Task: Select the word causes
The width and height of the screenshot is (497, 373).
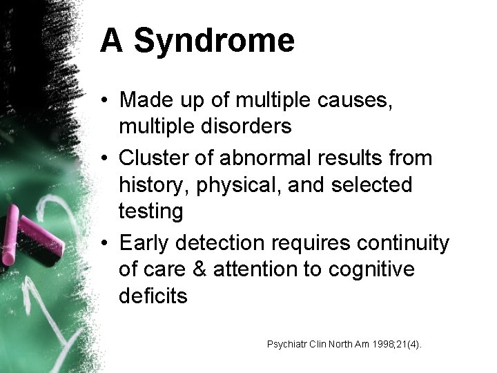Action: (360, 100)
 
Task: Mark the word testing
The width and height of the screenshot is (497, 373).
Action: (151, 211)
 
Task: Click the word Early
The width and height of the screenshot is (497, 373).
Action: (146, 243)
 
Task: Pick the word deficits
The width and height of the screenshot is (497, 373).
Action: (153, 296)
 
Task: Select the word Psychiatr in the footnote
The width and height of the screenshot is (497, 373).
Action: (286, 343)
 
